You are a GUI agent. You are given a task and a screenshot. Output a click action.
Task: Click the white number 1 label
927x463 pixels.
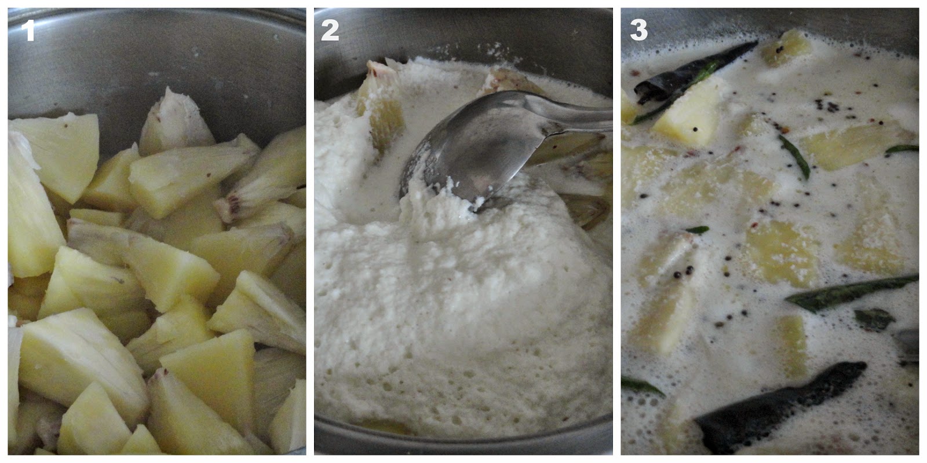pos(28,30)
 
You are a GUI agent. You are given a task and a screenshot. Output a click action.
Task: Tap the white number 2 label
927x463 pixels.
pos(330,30)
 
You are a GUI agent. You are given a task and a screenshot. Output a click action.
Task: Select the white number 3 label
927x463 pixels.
pos(638,30)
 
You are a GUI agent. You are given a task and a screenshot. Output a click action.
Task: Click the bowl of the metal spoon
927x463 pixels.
pos(468,149)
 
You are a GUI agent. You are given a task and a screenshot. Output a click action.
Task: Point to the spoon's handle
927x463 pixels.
pos(575,115)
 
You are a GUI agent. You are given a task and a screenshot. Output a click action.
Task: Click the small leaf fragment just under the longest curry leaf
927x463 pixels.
pos(873,319)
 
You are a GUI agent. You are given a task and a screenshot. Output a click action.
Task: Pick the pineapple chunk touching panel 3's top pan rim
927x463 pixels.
pos(784,47)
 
